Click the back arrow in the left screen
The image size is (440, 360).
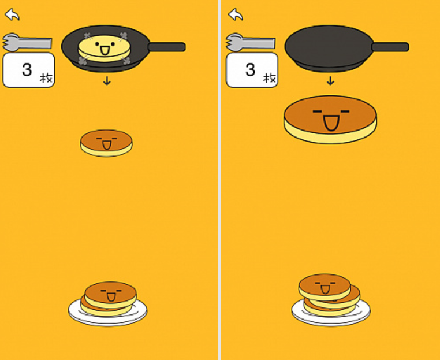point(12,14)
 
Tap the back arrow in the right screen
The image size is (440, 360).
point(236,14)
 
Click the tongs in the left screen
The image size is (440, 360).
point(27,43)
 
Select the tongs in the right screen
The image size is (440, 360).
point(250,43)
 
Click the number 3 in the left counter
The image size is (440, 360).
point(27,69)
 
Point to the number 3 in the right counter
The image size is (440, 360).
point(250,69)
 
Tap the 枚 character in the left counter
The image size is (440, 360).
point(46,78)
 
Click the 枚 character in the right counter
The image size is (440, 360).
point(270,78)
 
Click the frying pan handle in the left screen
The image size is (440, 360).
point(167,47)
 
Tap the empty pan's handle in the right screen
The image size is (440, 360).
point(390,47)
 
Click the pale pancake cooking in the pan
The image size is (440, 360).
point(105,49)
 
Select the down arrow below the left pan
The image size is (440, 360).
point(107,81)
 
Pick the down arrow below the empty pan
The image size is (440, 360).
point(330,81)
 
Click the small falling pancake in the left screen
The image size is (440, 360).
point(106,143)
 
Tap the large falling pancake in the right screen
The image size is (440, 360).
point(330,120)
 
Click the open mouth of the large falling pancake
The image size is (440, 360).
point(331,123)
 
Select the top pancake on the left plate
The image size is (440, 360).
point(110,295)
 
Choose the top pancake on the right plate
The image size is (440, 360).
point(325,287)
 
